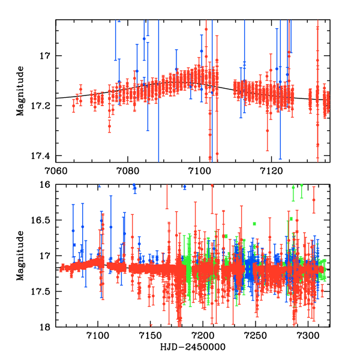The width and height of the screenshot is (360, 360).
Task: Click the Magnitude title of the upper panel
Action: pos(22,90)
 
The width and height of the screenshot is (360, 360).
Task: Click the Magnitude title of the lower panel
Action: pos(22,256)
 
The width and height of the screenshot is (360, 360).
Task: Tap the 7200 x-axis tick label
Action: pos(202,337)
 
